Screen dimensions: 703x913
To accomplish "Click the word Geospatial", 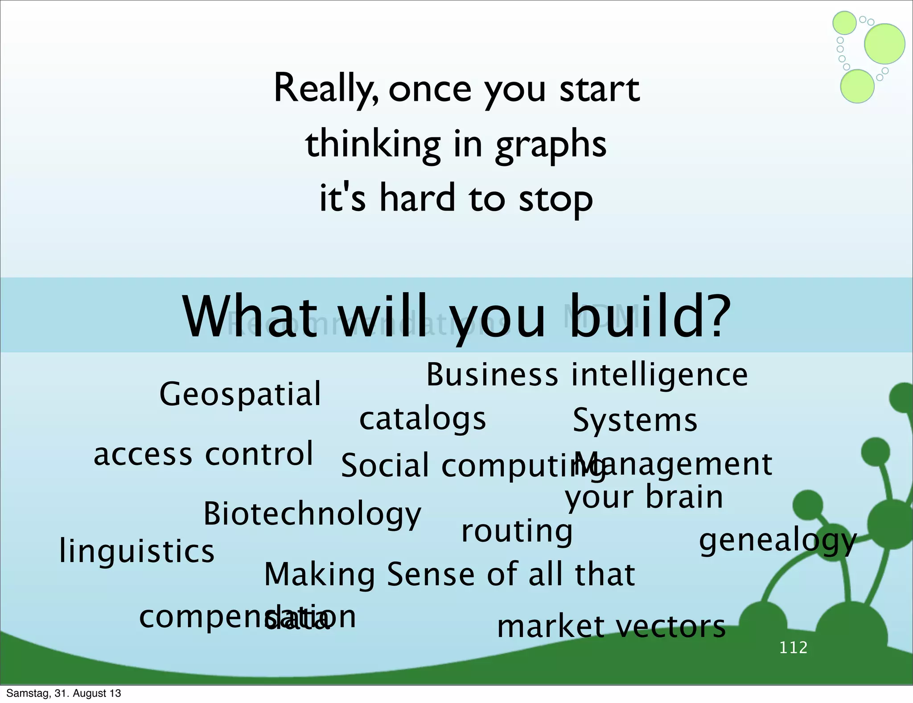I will [x=240, y=394].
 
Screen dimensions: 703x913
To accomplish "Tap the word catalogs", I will [x=422, y=419].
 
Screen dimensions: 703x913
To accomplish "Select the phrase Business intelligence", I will [x=587, y=375].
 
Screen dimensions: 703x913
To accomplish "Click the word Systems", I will [x=634, y=421].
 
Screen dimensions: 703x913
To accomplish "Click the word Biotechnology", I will [x=312, y=514].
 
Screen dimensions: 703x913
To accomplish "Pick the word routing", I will [x=516, y=531].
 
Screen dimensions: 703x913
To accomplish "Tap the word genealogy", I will [x=777, y=541].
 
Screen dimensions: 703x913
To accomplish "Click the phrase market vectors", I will [x=611, y=627].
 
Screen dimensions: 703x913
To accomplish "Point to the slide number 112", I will [x=793, y=647].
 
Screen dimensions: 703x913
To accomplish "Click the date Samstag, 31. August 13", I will [x=64, y=693].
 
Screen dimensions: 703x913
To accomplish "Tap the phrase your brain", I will [x=644, y=497].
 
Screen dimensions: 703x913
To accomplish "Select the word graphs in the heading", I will [x=551, y=145].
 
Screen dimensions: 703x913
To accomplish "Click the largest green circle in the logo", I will [x=884, y=44].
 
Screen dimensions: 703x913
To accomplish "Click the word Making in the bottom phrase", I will [x=319, y=575].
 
